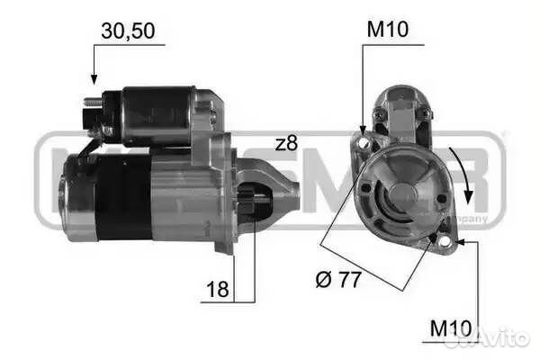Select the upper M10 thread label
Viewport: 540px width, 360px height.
point(387,31)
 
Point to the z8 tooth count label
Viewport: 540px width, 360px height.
point(286,142)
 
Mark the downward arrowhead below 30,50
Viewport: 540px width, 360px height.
point(92,79)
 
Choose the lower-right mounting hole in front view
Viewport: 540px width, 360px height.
point(443,238)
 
